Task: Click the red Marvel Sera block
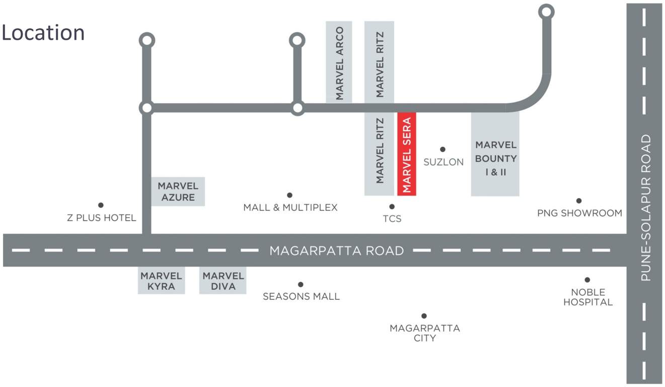point(407,153)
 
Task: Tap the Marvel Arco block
point(339,62)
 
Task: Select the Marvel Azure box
point(178,191)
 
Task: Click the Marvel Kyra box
point(161,281)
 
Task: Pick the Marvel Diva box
point(223,281)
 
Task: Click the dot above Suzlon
point(442,149)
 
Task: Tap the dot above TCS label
point(392,207)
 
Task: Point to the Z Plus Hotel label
point(102,218)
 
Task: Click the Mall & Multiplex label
point(290,208)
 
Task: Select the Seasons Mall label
point(301,297)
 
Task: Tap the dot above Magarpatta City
point(424,316)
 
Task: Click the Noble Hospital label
point(588,297)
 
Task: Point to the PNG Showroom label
point(579,213)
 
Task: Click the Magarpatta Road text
point(337,250)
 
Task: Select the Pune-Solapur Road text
point(646,208)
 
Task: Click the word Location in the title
point(43,33)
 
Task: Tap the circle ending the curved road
point(546,12)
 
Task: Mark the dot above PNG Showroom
point(579,201)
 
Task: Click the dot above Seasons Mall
point(301,285)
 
